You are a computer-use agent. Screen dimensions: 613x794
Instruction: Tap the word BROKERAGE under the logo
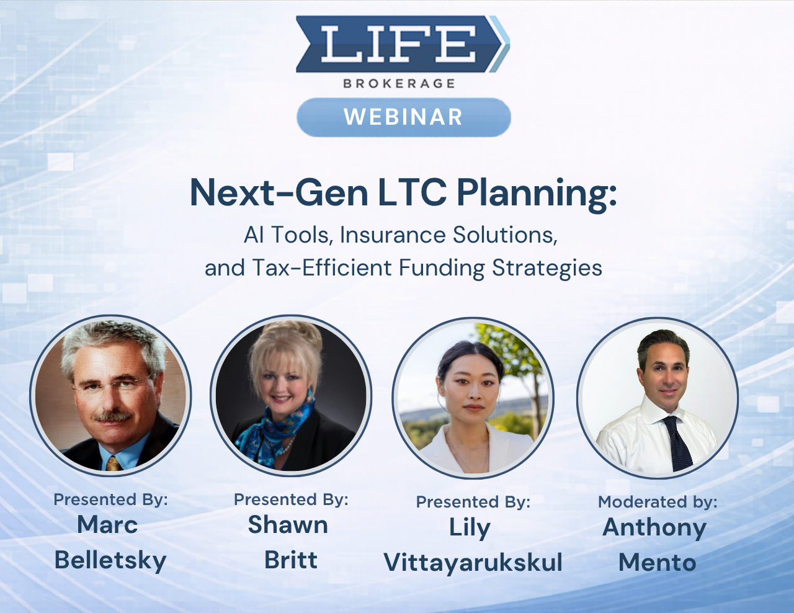click(x=399, y=83)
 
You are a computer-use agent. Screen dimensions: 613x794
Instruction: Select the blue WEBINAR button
click(x=403, y=117)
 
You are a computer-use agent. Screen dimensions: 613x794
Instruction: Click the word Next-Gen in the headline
click(x=279, y=193)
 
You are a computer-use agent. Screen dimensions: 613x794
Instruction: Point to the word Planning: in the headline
click(x=537, y=193)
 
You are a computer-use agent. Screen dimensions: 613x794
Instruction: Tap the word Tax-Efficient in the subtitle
click(x=322, y=268)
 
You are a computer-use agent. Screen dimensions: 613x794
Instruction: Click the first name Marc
click(x=107, y=525)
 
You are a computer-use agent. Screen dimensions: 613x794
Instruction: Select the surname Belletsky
click(x=110, y=560)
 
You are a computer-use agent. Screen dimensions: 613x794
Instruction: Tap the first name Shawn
click(x=288, y=525)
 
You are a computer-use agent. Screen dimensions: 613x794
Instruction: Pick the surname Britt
click(x=291, y=560)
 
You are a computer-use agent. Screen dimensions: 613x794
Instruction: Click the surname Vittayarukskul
click(x=473, y=563)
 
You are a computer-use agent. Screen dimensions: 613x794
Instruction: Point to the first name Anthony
click(x=654, y=527)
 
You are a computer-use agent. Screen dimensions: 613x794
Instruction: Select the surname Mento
click(x=658, y=563)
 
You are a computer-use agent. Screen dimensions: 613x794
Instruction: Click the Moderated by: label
click(x=658, y=502)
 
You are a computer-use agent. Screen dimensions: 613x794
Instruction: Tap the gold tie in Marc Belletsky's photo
click(x=113, y=463)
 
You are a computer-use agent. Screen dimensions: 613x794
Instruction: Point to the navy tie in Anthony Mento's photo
click(x=677, y=444)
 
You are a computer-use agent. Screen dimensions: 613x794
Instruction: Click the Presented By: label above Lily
click(x=473, y=502)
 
